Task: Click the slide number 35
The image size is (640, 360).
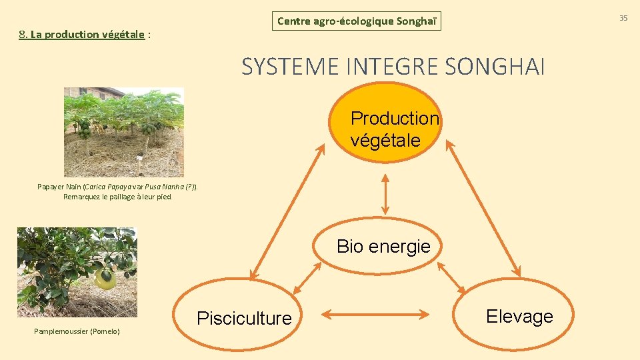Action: [x=623, y=18]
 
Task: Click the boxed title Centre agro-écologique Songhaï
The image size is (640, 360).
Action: [x=357, y=21]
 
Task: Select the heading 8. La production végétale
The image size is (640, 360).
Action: [x=83, y=34]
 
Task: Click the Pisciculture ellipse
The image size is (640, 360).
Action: [x=244, y=318]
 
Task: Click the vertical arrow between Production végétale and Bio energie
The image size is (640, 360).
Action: [x=385, y=194]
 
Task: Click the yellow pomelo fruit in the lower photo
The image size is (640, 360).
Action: [x=104, y=279]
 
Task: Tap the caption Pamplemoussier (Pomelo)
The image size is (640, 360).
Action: [x=77, y=331]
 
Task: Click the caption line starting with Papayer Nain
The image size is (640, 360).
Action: [x=117, y=187]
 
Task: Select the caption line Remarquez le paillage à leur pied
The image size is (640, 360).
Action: [x=117, y=197]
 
